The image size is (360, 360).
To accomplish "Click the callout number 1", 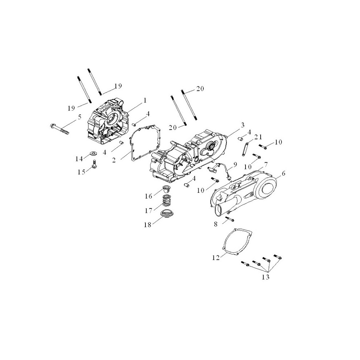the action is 145,100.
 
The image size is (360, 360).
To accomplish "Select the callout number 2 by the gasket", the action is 114,160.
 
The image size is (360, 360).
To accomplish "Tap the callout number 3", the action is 242,125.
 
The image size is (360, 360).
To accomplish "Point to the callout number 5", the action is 80,117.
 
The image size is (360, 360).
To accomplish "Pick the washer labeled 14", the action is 94,153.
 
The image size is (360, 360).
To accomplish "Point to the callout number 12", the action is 216,257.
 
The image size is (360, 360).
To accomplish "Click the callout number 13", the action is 265,277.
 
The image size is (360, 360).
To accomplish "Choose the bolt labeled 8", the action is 230,219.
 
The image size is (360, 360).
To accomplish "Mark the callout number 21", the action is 258,137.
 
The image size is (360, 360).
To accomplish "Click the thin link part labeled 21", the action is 245,149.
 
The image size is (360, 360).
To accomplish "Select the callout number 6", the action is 283,174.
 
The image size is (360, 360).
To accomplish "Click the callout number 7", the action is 266,165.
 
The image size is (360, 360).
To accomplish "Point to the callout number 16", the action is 149,196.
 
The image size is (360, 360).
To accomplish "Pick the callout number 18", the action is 148,225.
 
